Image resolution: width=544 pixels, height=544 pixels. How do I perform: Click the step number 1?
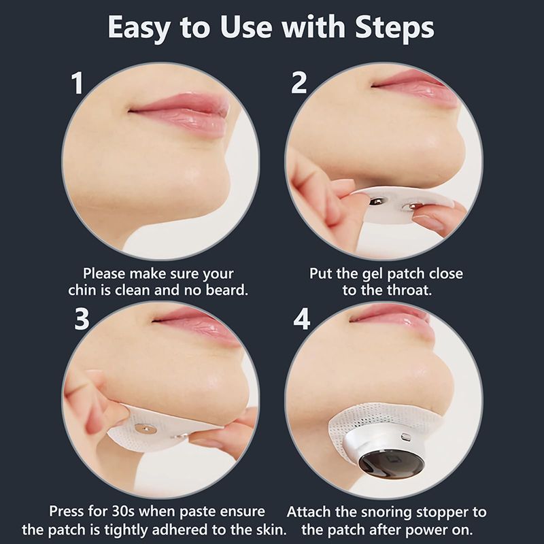[x=78, y=83]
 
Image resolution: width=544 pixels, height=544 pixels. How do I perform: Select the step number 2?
[x=299, y=82]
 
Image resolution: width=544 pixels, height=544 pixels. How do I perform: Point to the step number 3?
[x=82, y=319]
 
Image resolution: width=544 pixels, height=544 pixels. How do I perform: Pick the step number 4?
[x=301, y=319]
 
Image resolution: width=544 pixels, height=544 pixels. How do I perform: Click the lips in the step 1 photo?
[x=180, y=113]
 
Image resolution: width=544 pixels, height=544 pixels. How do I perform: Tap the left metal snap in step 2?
[x=377, y=200]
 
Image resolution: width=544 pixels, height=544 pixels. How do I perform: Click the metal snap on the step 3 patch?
[x=143, y=429]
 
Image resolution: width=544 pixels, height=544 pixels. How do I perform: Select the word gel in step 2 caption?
[x=373, y=275]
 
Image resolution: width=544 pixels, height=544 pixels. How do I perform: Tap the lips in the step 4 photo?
[x=392, y=319]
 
